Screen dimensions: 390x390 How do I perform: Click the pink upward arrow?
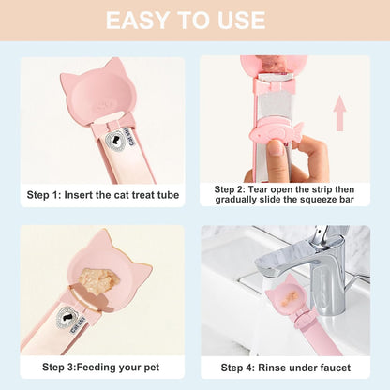pos(339,113)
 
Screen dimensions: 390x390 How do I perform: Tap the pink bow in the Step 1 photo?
pos(115,125)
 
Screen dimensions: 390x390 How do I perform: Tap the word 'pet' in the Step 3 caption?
pos(152,367)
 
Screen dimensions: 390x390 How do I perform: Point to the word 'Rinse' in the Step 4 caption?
pos(271,367)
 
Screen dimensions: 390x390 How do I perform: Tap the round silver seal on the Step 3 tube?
pos(67,318)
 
